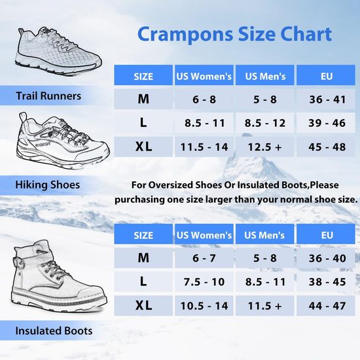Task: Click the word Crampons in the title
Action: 185,34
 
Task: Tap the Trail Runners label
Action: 48,96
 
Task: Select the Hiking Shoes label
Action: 48,185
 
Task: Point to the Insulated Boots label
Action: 54,331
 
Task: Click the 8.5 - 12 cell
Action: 265,123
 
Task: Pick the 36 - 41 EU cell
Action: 326,99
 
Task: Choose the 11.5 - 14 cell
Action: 204,147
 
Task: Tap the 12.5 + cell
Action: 265,147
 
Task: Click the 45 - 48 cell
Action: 326,147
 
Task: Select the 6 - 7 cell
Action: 204,258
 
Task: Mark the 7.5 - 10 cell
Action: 204,281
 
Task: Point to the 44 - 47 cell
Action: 326,306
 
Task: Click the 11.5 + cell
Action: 265,306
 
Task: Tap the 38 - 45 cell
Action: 326,281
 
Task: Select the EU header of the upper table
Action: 326,75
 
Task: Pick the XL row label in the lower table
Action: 143,306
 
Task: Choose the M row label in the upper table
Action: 143,99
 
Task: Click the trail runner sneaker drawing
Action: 58,52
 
